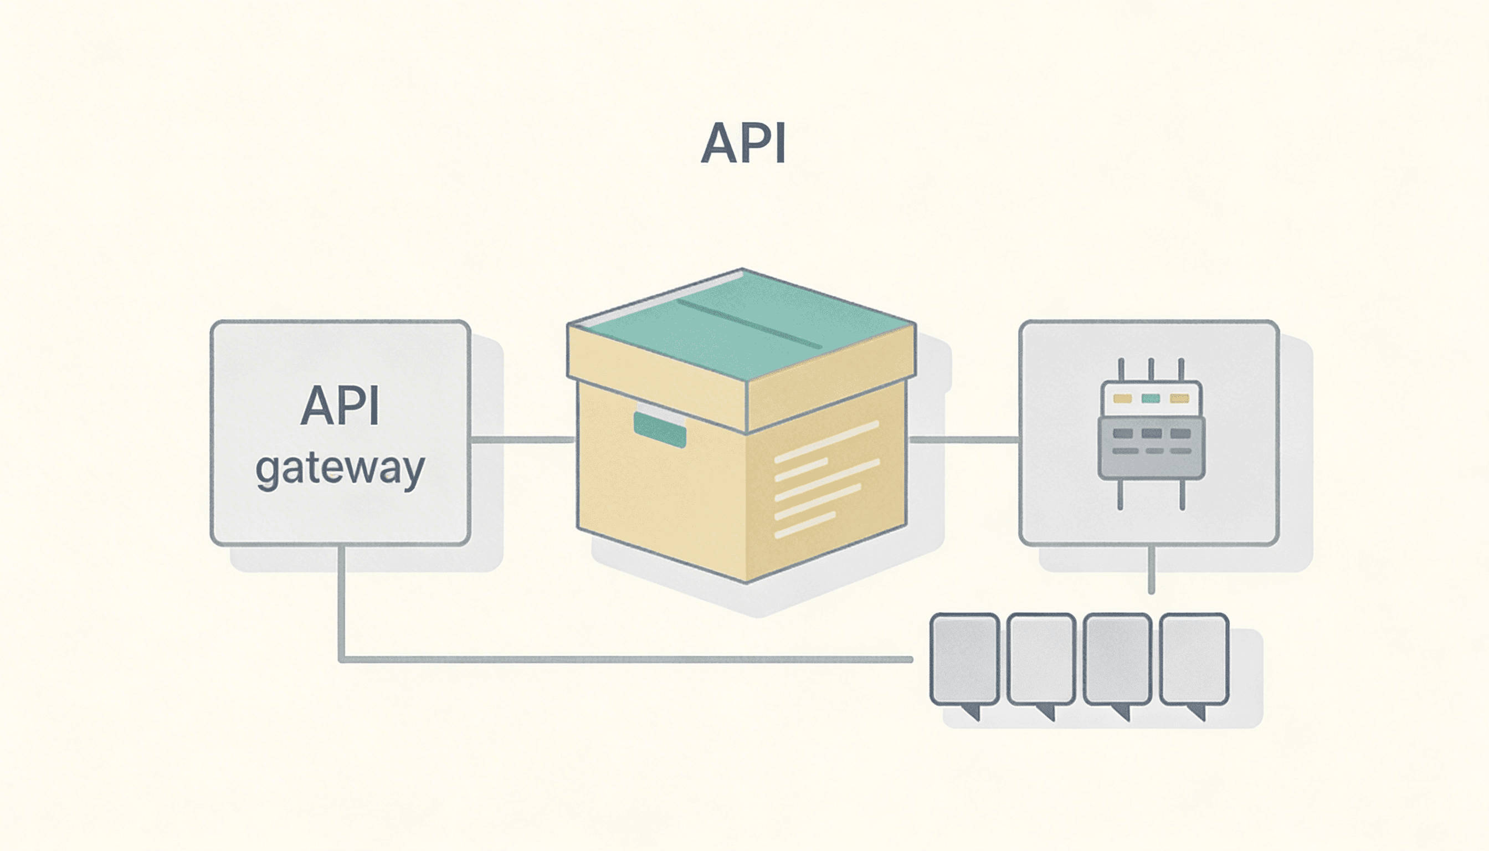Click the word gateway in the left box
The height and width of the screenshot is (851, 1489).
(340, 469)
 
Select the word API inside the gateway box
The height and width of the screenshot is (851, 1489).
(340, 406)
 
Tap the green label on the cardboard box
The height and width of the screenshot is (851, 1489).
(660, 429)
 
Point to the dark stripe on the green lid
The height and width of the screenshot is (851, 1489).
(749, 324)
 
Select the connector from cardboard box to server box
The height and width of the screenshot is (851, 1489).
(964, 439)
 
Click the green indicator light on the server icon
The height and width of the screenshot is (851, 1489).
(1151, 398)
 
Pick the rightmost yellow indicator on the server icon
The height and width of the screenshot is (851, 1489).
(1179, 398)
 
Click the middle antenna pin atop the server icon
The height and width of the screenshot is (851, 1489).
(1151, 370)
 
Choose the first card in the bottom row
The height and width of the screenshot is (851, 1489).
(964, 659)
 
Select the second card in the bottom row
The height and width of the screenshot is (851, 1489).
(1041, 659)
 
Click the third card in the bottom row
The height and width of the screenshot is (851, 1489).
(1117, 659)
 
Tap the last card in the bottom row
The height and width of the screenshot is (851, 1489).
(1194, 659)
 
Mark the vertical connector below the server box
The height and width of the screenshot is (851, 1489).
(1151, 570)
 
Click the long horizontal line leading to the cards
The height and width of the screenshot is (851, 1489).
(625, 660)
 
